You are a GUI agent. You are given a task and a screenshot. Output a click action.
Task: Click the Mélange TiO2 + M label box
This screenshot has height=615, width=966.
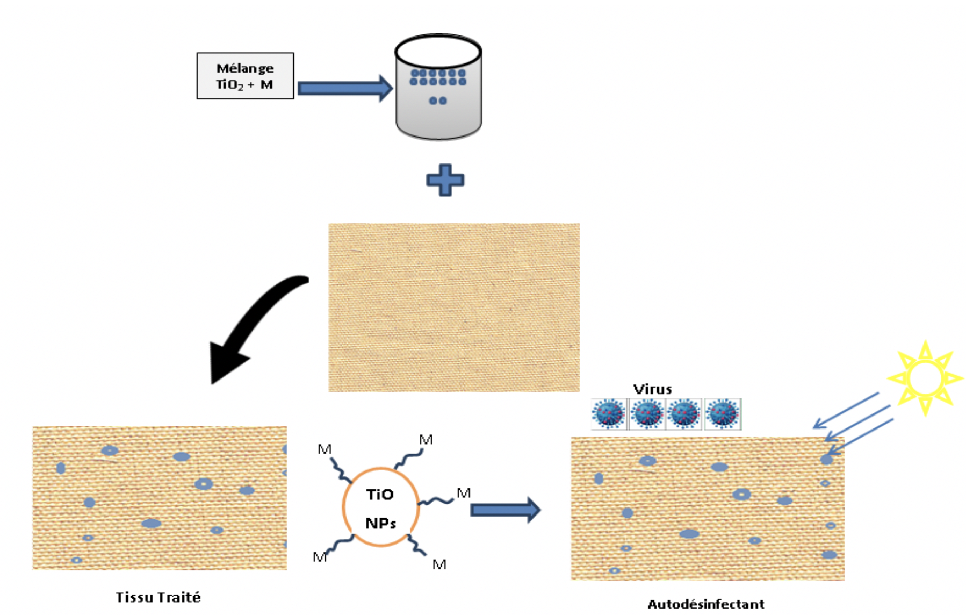click(x=245, y=76)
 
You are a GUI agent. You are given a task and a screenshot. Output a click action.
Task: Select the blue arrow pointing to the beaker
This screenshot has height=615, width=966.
click(x=344, y=88)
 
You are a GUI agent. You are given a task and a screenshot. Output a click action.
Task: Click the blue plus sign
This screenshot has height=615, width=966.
click(x=445, y=180)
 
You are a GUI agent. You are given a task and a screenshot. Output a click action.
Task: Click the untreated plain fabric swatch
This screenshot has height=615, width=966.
click(x=454, y=307)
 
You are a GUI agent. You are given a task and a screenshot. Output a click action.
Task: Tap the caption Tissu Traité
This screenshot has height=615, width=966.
click(x=158, y=597)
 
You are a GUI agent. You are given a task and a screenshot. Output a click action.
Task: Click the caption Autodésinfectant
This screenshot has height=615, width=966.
click(x=705, y=604)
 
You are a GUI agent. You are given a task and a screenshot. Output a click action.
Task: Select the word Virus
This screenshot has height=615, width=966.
click(x=652, y=389)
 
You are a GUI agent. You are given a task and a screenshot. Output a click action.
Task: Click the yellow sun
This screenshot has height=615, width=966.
click(x=924, y=377)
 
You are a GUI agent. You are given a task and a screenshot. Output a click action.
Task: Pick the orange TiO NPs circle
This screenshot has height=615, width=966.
click(x=380, y=507)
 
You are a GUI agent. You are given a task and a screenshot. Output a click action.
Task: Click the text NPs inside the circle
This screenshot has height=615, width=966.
click(x=380, y=523)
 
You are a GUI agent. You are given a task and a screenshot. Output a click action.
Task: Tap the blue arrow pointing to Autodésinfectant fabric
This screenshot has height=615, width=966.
click(x=505, y=510)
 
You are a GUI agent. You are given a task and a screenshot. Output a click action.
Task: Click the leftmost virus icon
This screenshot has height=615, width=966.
click(x=609, y=414)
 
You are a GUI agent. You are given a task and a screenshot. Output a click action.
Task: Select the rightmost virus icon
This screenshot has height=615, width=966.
click(x=723, y=414)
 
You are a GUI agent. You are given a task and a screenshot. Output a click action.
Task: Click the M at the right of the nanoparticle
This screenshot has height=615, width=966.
click(x=463, y=493)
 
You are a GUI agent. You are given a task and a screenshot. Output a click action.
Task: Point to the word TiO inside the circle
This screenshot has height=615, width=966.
click(x=379, y=495)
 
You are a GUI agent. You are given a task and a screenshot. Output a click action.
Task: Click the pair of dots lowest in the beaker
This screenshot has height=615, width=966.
click(x=438, y=101)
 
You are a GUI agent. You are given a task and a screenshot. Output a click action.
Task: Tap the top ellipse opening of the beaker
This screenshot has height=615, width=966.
click(x=438, y=52)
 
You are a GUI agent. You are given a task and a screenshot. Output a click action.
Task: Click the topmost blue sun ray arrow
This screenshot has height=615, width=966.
click(x=846, y=410)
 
